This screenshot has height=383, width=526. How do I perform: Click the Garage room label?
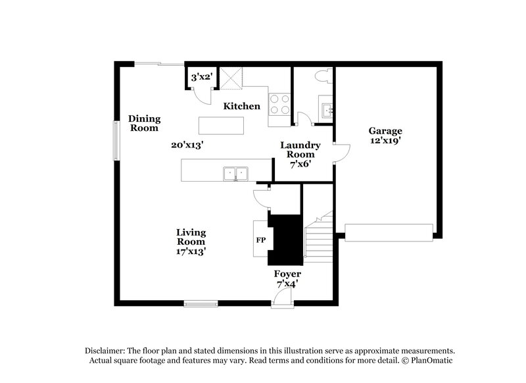(385, 130)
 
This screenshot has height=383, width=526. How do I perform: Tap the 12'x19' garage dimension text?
(385, 140)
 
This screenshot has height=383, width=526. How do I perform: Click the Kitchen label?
(242, 106)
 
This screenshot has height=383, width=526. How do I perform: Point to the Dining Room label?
(145, 124)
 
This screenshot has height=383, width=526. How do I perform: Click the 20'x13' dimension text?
(186, 145)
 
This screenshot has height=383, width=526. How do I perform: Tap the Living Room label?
(191, 237)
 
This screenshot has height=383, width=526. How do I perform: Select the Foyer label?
(287, 273)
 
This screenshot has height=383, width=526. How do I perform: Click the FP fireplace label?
(260, 240)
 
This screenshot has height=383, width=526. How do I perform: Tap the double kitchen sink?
(235, 173)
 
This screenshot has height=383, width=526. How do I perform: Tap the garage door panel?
(389, 232)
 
